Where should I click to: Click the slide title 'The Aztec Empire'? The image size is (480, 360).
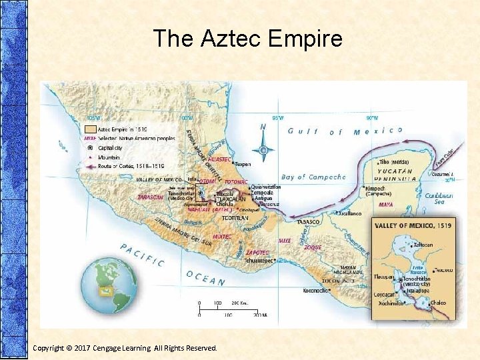[247, 39]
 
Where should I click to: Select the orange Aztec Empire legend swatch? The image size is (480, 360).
[90, 129]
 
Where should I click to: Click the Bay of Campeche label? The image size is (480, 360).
[313, 177]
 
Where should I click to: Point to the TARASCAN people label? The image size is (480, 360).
[150, 197]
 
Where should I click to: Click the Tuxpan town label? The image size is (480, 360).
[242, 163]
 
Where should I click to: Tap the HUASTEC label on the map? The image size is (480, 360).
[219, 160]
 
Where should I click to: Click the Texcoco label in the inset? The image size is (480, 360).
[443, 270]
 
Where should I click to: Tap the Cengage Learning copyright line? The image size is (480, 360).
[125, 348]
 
